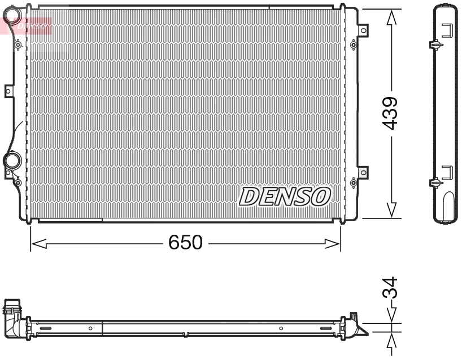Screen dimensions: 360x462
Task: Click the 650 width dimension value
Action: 185,243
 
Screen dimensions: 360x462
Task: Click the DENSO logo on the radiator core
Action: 285,196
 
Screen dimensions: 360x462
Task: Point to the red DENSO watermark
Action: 28,25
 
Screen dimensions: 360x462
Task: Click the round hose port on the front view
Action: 11,161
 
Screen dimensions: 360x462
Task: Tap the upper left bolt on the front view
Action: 18,45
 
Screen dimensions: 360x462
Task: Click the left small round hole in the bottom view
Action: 90,328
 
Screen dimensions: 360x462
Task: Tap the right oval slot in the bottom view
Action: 326,328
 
